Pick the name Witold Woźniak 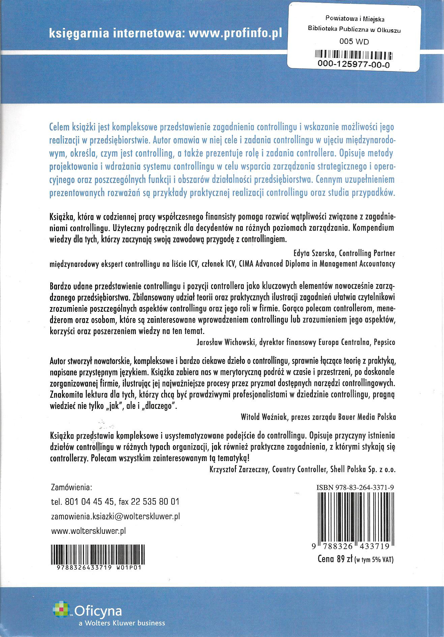click(x=260, y=417)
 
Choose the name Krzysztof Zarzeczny click(x=239, y=469)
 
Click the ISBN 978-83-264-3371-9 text click(x=356, y=488)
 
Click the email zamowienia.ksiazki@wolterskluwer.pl click(x=115, y=516)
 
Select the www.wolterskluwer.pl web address click(x=88, y=530)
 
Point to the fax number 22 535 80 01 click(x=155, y=502)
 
